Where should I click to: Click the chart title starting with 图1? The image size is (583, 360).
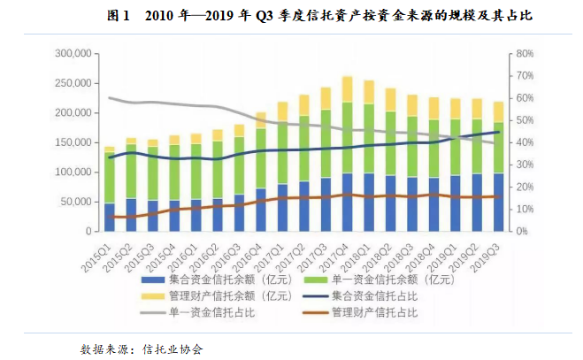pyautogui.click(x=292, y=17)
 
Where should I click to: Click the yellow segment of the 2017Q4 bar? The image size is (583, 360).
pyautogui.click(x=348, y=89)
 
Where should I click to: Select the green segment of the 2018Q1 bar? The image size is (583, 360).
pyautogui.click(x=369, y=140)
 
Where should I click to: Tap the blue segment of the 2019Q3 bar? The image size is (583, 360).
pyautogui.click(x=498, y=202)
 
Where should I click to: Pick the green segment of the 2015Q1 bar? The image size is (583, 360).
pyautogui.click(x=110, y=178)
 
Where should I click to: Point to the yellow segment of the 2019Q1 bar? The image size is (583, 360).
pyautogui.click(x=456, y=109)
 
